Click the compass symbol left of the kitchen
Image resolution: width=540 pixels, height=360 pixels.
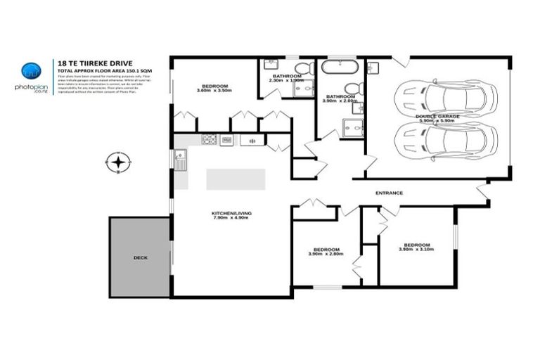pyautogui.click(x=119, y=163)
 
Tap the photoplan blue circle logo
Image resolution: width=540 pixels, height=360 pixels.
pyautogui.click(x=31, y=70)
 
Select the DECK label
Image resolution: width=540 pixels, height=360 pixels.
pyautogui.click(x=140, y=258)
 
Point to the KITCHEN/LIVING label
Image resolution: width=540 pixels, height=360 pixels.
pyautogui.click(x=231, y=213)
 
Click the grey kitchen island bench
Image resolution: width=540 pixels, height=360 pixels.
pyautogui.click(x=236, y=179)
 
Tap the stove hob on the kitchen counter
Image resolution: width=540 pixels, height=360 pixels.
pyautogui.click(x=209, y=140)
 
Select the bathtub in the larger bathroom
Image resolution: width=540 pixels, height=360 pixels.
pyautogui.click(x=340, y=69)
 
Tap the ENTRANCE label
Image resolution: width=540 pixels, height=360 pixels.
pyautogui.click(x=389, y=193)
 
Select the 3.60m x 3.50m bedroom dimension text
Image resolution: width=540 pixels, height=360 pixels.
pyautogui.click(x=212, y=91)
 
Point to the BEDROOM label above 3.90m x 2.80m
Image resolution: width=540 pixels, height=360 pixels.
pyautogui.click(x=327, y=249)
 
